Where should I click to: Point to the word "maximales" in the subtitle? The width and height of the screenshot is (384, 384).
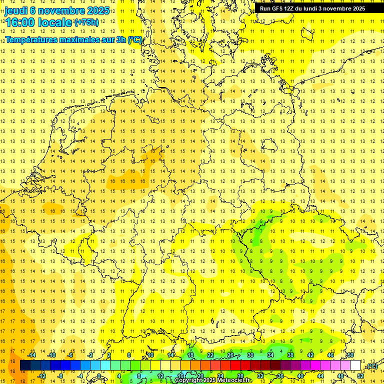81,39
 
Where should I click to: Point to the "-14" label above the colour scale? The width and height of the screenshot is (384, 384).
32,355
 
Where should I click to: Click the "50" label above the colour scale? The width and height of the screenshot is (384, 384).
350,355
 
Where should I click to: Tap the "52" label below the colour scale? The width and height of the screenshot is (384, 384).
360,375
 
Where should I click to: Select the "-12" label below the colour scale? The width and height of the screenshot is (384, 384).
41,375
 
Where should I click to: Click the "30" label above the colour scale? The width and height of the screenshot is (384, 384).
250,355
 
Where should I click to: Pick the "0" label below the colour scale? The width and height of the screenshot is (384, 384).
99,375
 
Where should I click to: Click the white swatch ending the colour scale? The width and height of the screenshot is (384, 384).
355,365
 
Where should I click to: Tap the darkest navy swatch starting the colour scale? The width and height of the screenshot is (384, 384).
25,365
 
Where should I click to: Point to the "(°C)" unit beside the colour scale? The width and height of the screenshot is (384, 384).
371,366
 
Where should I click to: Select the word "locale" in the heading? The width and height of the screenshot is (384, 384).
55,22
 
